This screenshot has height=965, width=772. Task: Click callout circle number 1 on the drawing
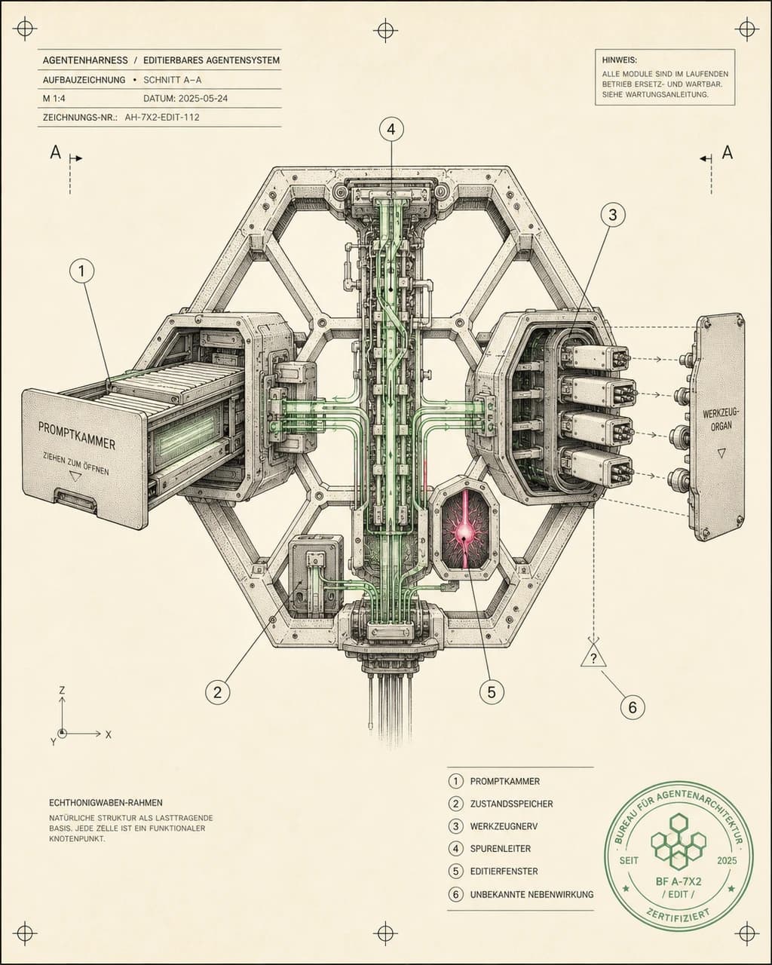pyautogui.click(x=82, y=271)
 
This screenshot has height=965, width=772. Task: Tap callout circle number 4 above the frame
pyautogui.click(x=391, y=130)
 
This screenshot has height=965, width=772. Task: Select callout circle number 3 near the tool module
pyautogui.click(x=613, y=215)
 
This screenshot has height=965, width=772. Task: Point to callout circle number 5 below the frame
pyautogui.click(x=492, y=692)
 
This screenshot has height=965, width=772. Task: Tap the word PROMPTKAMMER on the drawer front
pyautogui.click(x=77, y=436)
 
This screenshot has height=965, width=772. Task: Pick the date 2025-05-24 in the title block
pyautogui.click(x=185, y=99)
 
